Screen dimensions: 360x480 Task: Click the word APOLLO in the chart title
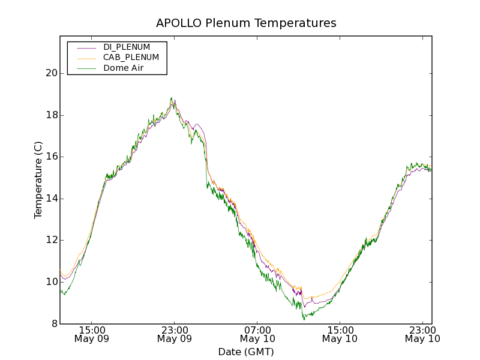pos(174,23)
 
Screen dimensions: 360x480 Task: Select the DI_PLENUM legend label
pos(127,47)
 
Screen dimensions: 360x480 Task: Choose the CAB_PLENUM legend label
pos(131,58)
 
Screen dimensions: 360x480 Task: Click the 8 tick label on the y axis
pos(53,324)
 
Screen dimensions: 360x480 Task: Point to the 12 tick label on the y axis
pos(51,240)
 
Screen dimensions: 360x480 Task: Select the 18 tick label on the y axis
pos(51,115)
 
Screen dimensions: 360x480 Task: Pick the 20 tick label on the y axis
pos(51,73)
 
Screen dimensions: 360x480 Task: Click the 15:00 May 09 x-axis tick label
pos(92,334)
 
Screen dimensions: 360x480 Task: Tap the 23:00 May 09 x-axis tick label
pos(175,334)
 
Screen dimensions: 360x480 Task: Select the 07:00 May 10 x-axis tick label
pos(257,334)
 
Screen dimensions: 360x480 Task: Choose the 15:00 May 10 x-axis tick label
pos(340,334)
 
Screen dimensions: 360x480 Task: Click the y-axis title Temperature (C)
pos(38,180)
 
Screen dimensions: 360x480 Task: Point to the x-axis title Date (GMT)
pos(246,352)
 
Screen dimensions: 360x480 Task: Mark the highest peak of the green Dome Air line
pos(172,98)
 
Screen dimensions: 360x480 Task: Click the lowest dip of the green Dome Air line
pos(304,319)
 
